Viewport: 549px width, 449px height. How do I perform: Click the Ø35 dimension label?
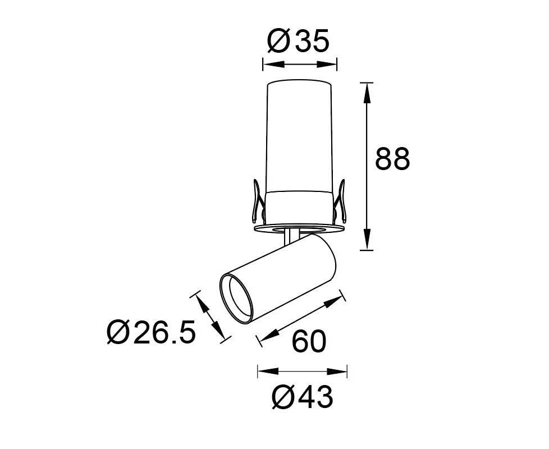coord(299,40)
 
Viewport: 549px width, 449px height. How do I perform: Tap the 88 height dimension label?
coord(392,159)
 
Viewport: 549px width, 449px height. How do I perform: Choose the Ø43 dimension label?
coord(302,397)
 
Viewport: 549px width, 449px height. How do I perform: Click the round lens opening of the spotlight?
coord(236,300)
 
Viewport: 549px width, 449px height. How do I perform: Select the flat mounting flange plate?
coord(299,228)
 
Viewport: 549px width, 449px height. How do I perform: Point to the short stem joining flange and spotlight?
coord(289,237)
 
